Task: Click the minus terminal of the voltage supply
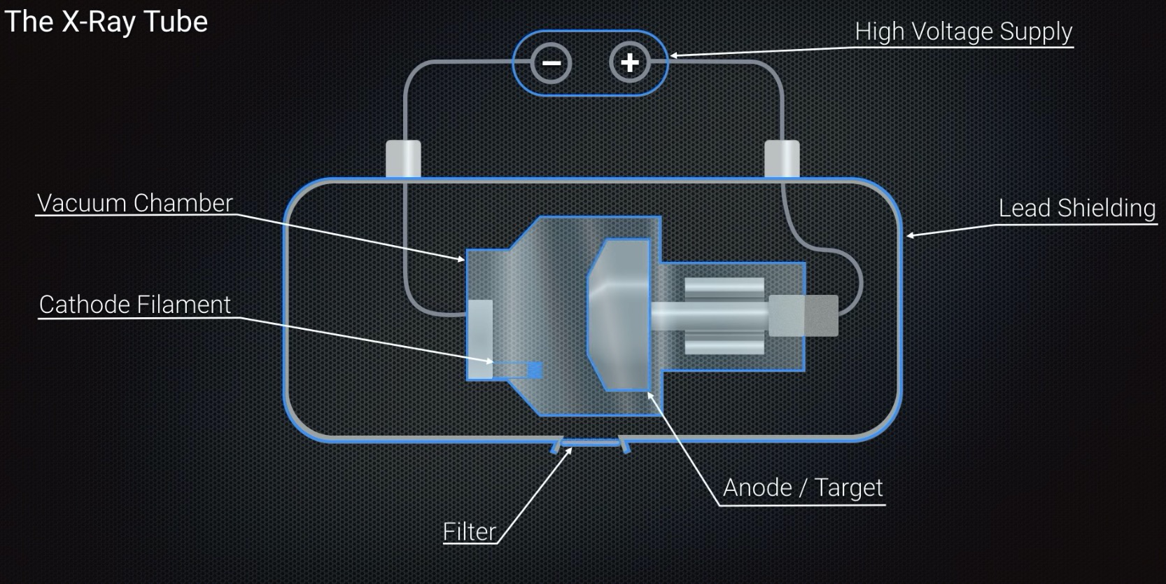(552, 63)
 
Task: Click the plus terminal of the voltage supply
(630, 63)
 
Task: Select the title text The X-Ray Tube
(106, 22)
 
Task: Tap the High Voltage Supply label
(963, 32)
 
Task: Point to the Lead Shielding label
(1076, 208)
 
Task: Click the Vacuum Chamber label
(134, 203)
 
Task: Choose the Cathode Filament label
(134, 305)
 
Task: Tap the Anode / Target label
(803, 487)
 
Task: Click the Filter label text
(469, 532)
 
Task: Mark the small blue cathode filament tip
(535, 370)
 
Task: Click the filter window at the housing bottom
(590, 443)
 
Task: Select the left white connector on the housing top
(403, 158)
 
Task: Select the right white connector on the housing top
(782, 158)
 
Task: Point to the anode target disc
(619, 315)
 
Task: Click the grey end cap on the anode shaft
(803, 315)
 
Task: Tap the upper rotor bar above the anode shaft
(724, 287)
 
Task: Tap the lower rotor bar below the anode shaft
(724, 345)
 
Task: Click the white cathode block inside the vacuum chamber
(480, 340)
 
